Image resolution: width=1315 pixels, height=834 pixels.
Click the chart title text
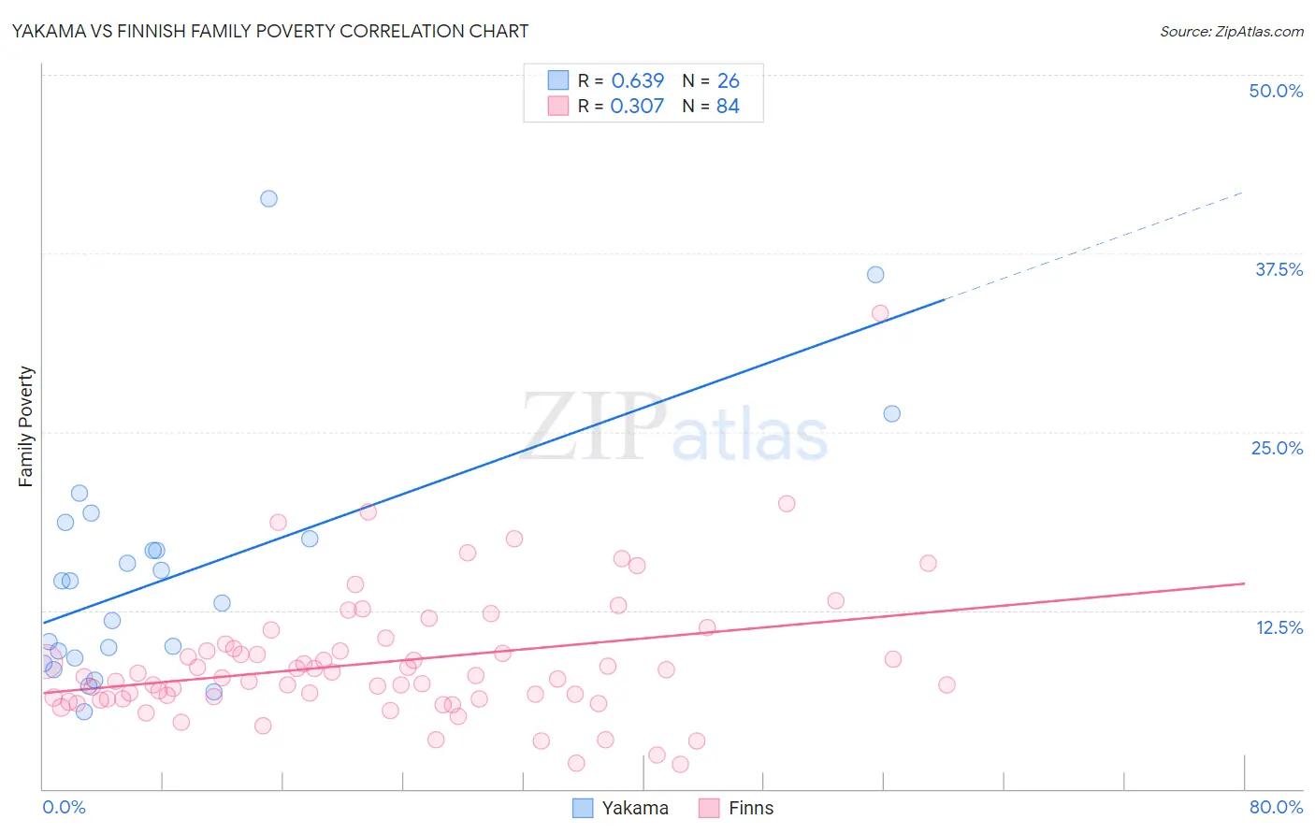click(x=270, y=31)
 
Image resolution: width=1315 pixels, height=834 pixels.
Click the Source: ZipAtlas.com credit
click(x=1231, y=31)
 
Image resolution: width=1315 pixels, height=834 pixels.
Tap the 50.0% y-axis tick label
click(x=1275, y=91)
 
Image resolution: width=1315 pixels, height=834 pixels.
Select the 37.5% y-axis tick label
click(x=1278, y=269)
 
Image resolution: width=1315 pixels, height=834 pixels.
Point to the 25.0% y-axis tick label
click(x=1276, y=448)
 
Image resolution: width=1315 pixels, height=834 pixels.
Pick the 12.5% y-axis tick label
click(x=1279, y=627)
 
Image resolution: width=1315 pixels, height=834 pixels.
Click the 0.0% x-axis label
click(x=64, y=807)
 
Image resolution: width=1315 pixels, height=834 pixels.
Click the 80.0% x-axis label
click(x=1276, y=807)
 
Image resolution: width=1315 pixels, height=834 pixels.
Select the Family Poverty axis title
click(x=26, y=426)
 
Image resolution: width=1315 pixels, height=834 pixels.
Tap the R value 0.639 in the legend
click(x=637, y=80)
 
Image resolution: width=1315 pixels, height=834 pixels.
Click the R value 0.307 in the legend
click(x=637, y=106)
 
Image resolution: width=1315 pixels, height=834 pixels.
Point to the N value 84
click(x=728, y=106)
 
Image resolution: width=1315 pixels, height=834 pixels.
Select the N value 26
click(x=728, y=80)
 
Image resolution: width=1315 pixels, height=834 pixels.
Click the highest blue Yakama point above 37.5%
click(x=268, y=198)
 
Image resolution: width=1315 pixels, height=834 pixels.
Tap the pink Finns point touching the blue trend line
click(x=879, y=313)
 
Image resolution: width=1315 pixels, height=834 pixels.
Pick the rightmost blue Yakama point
click(x=891, y=413)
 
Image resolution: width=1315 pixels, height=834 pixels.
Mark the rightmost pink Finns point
click(x=947, y=684)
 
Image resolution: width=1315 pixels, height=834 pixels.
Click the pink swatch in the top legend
click(x=558, y=106)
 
